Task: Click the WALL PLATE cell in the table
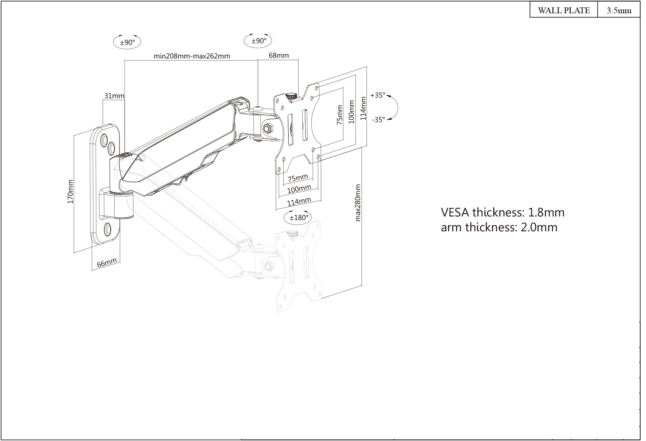point(564,10)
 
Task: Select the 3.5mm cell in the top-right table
point(619,10)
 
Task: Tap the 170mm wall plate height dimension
point(70,192)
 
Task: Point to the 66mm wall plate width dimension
point(107,263)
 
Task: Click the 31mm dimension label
point(114,96)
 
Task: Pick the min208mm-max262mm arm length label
point(192,56)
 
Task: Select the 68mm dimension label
point(279,56)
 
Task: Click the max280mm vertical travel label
point(358,203)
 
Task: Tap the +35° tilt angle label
point(378,95)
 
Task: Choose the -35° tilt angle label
point(378,120)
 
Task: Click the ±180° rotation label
point(299,217)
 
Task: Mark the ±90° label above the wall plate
point(127,42)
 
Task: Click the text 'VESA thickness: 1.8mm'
point(503,213)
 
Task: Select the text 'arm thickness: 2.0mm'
point(499,227)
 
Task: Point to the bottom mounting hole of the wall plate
point(107,228)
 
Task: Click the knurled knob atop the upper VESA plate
point(292,96)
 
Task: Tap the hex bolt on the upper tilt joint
point(268,128)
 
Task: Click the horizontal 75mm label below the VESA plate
point(298,177)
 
